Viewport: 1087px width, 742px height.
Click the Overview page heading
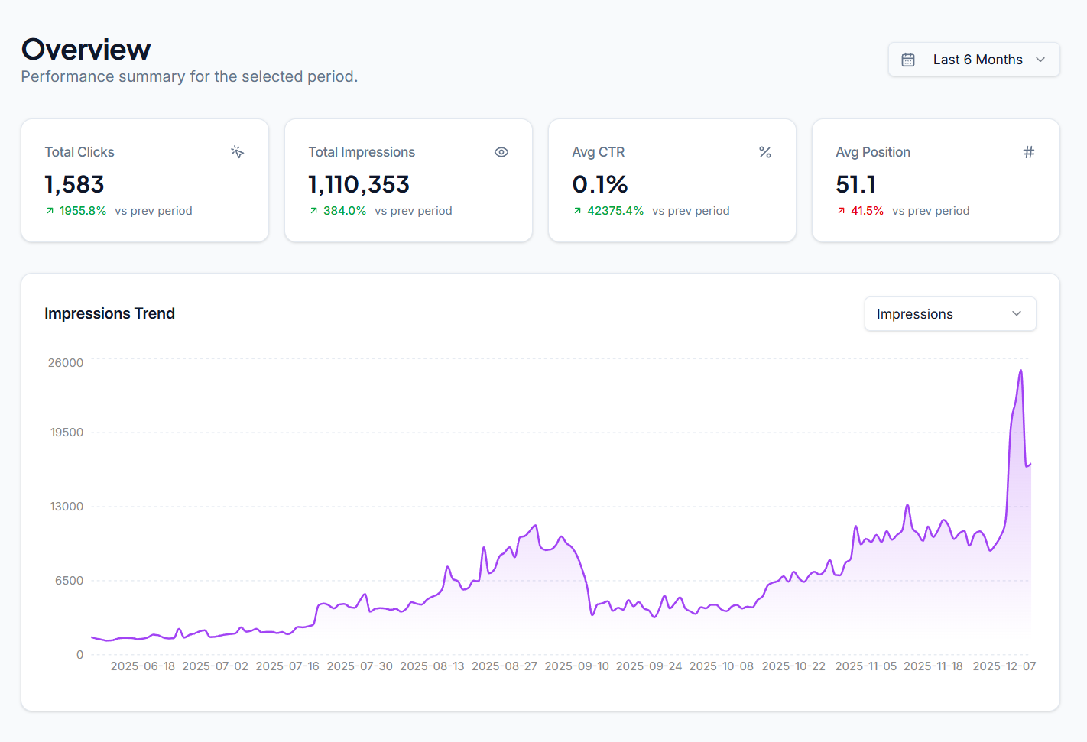86,50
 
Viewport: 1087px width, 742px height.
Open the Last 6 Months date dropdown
973,60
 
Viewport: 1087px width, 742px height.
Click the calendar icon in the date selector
908,60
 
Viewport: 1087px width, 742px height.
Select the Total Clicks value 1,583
74,184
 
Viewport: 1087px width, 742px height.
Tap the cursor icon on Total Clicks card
238,152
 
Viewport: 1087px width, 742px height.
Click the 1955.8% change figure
83,211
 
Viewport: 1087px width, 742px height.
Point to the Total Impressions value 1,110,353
359,184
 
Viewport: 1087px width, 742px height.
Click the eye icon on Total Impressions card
501,152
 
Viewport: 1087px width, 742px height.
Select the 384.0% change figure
344,211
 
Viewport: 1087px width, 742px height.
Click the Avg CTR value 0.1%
599,184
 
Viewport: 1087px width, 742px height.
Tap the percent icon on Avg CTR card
764,152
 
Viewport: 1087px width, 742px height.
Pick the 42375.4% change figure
615,211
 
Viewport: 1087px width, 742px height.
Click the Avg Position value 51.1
855,184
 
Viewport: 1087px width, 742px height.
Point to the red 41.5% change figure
867,211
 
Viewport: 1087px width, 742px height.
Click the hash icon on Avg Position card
1029,152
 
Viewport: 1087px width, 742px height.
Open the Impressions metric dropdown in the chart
949,314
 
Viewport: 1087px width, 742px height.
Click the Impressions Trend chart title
109,313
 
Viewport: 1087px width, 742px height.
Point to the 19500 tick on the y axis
67,433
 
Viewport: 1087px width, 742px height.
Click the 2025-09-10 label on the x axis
576,666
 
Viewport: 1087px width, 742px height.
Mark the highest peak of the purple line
1020,371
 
